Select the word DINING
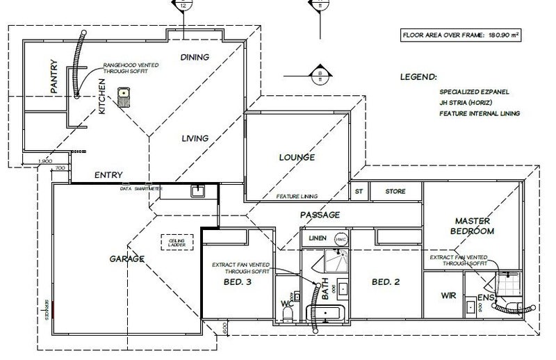[195, 57]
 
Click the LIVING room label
[195, 138]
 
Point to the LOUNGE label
[297, 158]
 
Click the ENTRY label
[108, 175]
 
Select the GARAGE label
[126, 259]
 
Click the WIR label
[448, 295]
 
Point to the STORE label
[395, 190]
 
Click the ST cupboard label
[359, 190]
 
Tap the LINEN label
[318, 238]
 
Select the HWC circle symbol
[340, 238]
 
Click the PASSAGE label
[320, 215]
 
